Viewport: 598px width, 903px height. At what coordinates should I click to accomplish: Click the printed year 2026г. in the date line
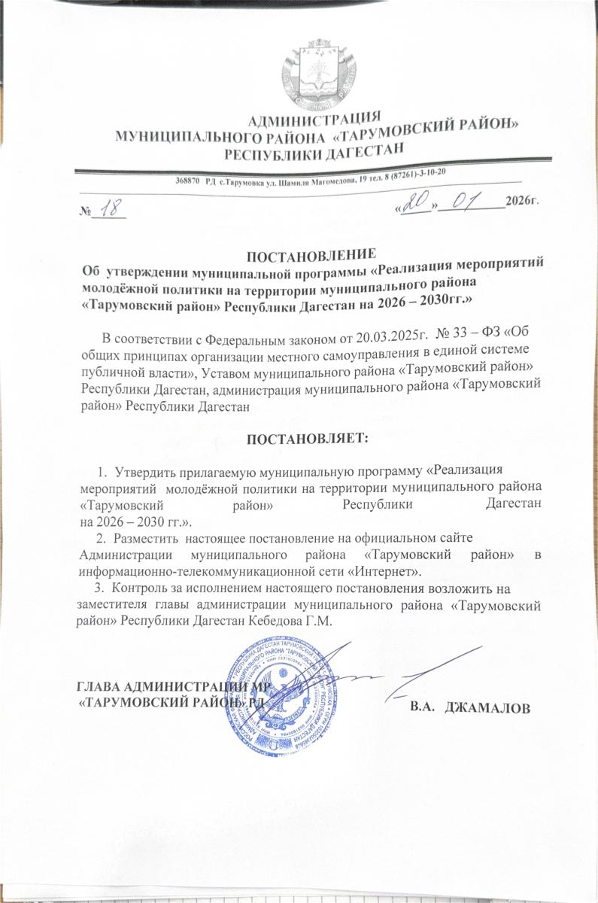click(x=523, y=202)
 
